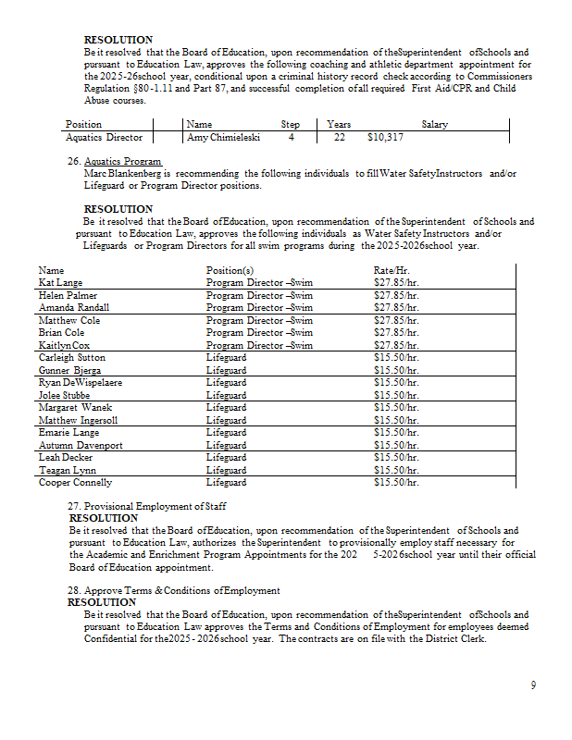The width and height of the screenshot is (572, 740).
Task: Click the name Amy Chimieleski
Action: [223, 137]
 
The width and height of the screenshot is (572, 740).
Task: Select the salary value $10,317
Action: [385, 137]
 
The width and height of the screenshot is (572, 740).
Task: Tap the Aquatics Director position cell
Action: [104, 137]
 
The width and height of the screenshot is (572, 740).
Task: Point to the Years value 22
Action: [339, 137]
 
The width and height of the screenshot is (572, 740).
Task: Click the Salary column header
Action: [434, 124]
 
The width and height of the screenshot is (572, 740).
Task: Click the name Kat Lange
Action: [60, 282]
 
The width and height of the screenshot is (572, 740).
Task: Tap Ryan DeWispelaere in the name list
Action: [80, 382]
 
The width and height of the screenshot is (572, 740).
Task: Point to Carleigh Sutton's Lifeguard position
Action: [226, 357]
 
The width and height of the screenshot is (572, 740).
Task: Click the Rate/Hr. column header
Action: [392, 269]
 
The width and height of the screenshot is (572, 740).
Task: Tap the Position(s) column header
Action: [230, 269]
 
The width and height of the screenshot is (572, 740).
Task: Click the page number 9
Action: [533, 684]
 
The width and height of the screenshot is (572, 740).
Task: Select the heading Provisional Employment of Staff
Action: [155, 506]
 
